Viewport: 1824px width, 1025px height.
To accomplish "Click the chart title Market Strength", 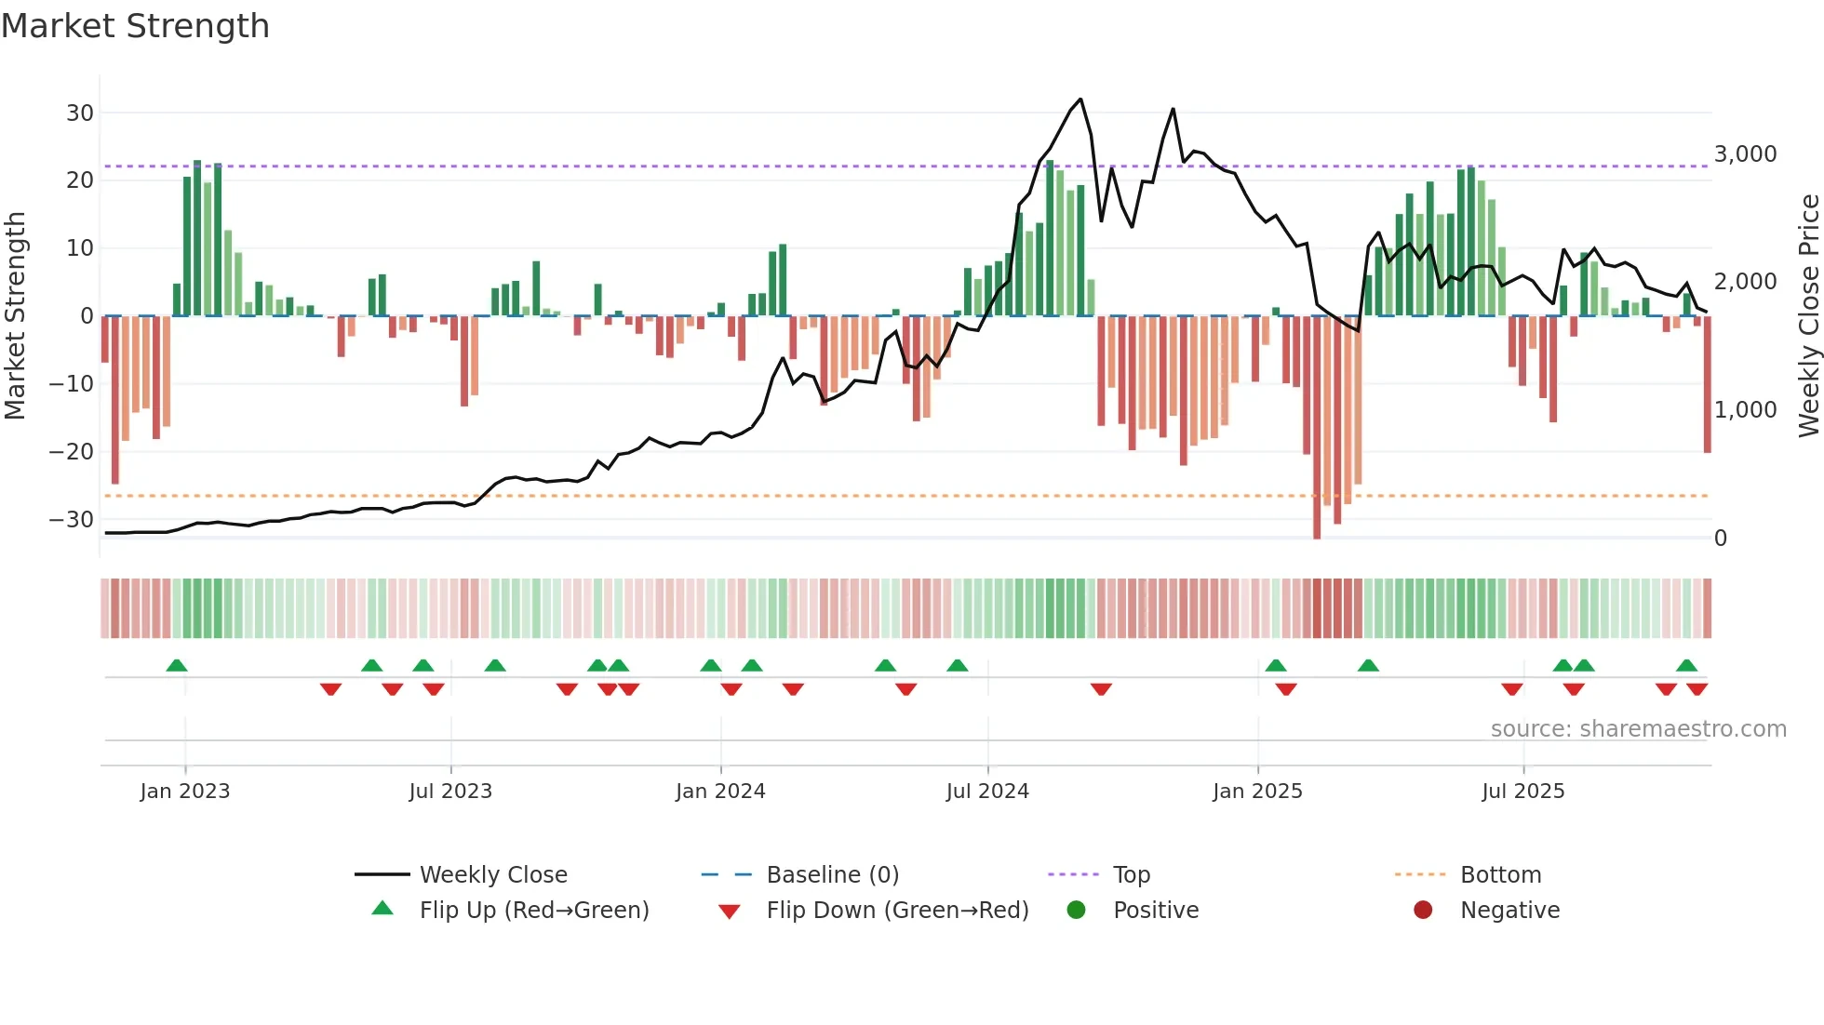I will pos(135,26).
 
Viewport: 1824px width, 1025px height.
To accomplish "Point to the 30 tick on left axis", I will pos(80,113).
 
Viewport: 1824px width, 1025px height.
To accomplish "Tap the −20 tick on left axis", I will pos(72,452).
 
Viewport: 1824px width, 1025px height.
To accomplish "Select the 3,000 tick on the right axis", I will pos(1745,154).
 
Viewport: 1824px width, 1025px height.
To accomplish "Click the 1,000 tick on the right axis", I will pos(1745,410).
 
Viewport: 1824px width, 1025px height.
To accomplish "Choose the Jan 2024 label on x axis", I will pos(720,792).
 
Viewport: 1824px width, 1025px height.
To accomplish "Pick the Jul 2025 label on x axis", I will pos(1522,792).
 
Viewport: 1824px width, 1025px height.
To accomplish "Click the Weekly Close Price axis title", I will pos(1808,316).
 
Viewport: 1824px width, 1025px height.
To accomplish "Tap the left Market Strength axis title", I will pos(16,316).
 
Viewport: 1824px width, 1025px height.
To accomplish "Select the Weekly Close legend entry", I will pos(492,875).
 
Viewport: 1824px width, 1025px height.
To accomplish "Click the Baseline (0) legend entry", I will pos(832,875).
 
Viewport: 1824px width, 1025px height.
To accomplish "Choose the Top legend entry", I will pos(1131,875).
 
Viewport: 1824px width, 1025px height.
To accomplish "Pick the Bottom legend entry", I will pos(1500,875).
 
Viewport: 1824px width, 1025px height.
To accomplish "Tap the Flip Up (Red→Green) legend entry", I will pos(533,911).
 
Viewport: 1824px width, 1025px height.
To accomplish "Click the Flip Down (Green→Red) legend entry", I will pos(897,911).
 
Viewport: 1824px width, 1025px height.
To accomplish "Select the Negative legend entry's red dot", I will pos(1423,910).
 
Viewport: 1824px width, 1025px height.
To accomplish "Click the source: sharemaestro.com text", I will pos(1638,729).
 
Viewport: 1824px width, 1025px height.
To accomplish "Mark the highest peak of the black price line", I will pos(1080,100).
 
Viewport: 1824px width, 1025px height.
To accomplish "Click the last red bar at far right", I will pos(1708,385).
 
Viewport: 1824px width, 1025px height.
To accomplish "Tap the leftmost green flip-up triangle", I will pos(177,665).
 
